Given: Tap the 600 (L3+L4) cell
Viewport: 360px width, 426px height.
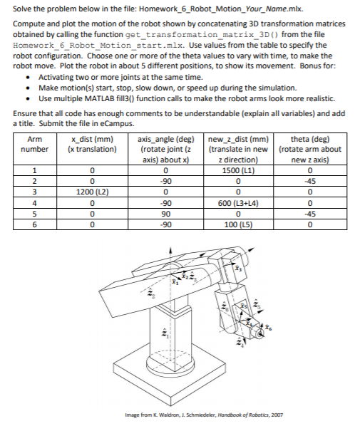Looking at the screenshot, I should pyautogui.click(x=236, y=202).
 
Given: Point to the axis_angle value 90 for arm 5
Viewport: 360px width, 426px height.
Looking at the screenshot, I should pyautogui.click(x=165, y=212).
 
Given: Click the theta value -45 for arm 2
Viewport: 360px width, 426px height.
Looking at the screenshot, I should pyautogui.click(x=309, y=181).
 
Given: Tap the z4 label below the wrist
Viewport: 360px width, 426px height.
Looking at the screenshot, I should pyautogui.click(x=239, y=347).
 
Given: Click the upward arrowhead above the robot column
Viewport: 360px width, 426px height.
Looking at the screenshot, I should pyautogui.click(x=170, y=249).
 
